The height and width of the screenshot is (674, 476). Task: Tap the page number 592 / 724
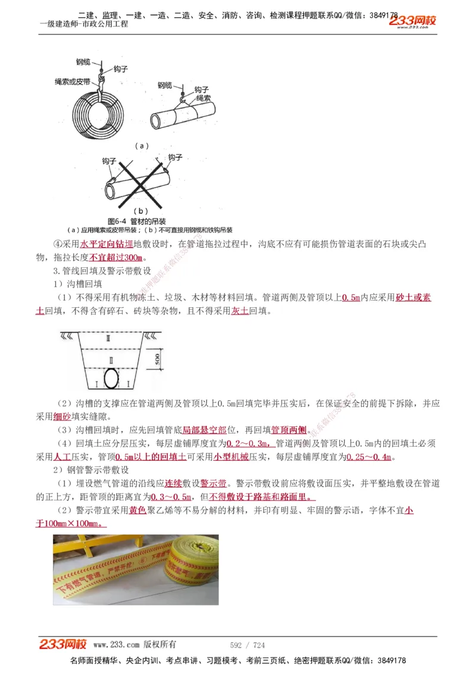point(247,645)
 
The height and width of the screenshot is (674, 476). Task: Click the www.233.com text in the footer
point(116,645)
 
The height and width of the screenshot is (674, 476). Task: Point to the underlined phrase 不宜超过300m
point(116,257)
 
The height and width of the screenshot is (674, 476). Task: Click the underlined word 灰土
point(240,311)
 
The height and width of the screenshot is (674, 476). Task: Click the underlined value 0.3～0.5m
point(171,497)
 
